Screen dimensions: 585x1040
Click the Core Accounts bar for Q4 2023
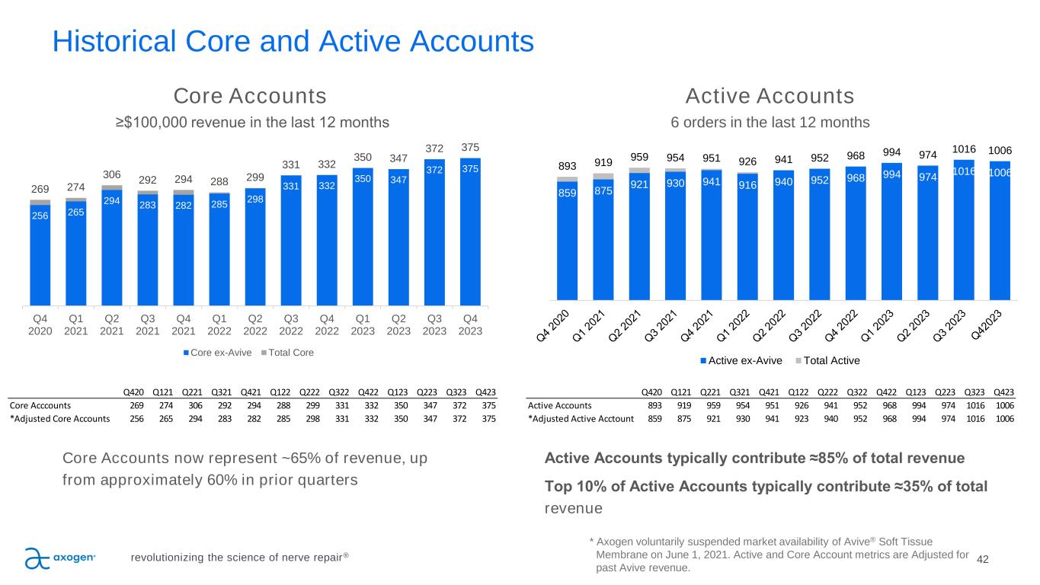tap(470, 232)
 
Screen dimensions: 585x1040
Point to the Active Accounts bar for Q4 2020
tap(568, 240)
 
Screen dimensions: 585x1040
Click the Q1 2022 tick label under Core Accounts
tap(219, 325)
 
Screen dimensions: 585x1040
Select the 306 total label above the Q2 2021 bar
tap(112, 174)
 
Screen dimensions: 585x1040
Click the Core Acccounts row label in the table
tap(41, 405)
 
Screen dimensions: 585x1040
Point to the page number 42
tap(982, 560)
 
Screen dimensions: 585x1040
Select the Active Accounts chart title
tap(770, 97)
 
